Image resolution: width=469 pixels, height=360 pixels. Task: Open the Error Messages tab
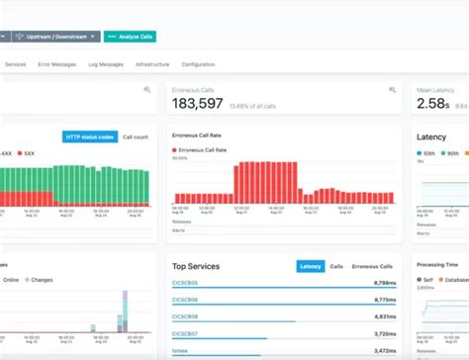57,64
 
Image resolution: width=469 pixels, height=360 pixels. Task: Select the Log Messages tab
106,64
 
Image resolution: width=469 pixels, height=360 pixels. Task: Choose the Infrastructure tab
152,64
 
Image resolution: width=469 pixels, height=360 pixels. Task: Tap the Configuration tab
198,64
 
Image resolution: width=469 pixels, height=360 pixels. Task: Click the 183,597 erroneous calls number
198,104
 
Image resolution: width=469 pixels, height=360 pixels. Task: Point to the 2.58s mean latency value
434,104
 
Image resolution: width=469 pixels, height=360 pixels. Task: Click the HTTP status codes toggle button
90,136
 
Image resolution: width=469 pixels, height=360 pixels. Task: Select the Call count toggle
135,136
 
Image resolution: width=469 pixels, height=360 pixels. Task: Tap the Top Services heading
196,266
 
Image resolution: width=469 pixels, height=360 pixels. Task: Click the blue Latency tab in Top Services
311,266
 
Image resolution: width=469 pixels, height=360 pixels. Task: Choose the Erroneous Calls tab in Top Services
373,266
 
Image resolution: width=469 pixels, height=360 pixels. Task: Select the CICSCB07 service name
186,334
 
